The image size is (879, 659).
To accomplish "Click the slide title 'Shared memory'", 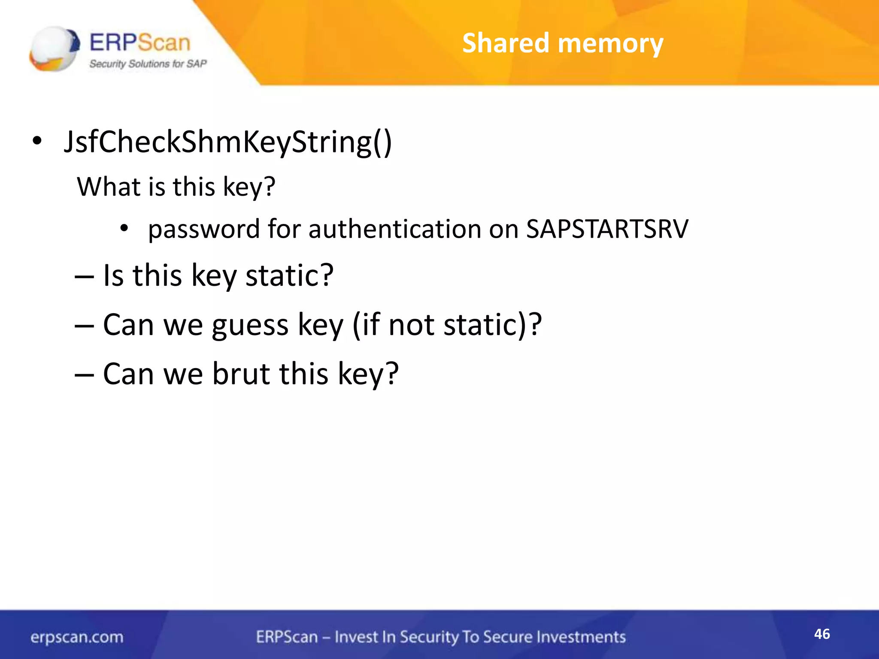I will pyautogui.click(x=563, y=43).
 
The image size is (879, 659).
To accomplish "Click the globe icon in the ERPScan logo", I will pyautogui.click(x=54, y=48).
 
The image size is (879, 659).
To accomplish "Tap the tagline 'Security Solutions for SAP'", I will pyautogui.click(x=148, y=64).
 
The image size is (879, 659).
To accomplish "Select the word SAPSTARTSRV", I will pyautogui.click(x=607, y=229).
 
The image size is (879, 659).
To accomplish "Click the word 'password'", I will pyautogui.click(x=204, y=230).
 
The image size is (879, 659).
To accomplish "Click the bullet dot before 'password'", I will pyautogui.click(x=124, y=228).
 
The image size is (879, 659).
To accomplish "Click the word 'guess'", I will pyautogui.click(x=250, y=325).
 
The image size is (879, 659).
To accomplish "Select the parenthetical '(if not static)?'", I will pyautogui.click(x=447, y=325).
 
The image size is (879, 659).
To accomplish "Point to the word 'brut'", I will pyautogui.click(x=242, y=373).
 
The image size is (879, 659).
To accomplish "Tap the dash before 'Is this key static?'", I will pyautogui.click(x=84, y=276).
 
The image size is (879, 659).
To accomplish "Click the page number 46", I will pyautogui.click(x=822, y=634).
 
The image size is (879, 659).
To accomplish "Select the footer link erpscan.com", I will pyautogui.click(x=77, y=637).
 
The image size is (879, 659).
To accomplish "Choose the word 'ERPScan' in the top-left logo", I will pyautogui.click(x=139, y=43).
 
